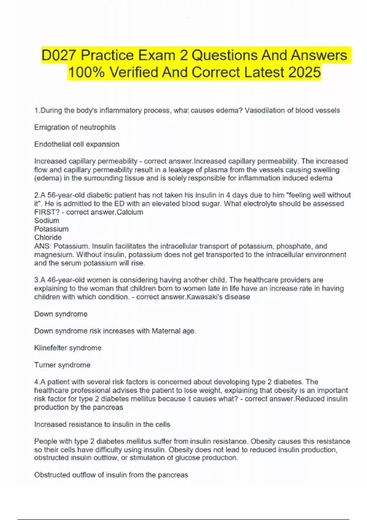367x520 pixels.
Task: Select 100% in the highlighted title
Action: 86,72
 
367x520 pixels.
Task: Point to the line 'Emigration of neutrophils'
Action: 75,127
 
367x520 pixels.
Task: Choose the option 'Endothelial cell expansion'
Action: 77,144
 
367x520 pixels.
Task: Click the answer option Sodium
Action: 47,221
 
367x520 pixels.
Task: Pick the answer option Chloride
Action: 48,237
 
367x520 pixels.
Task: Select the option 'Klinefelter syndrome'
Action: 68,348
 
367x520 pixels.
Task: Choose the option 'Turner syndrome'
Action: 62,365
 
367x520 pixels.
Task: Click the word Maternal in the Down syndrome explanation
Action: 166,331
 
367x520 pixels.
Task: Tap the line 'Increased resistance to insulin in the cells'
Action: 102,424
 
